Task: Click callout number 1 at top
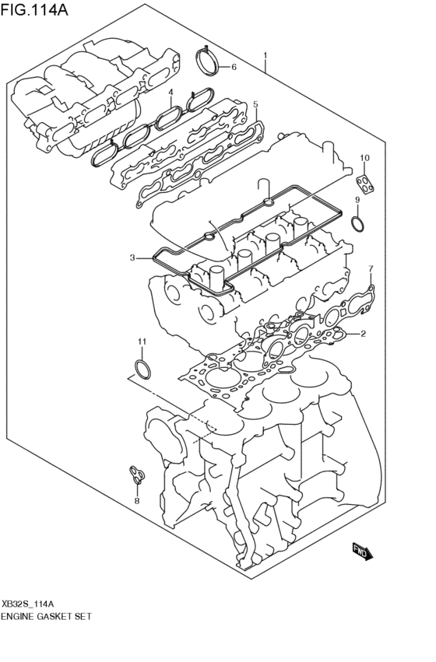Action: (x=265, y=56)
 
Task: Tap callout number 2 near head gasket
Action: (x=364, y=335)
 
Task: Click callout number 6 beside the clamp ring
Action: (x=371, y=269)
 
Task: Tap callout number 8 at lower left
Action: (x=357, y=200)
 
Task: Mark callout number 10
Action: (x=142, y=342)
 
